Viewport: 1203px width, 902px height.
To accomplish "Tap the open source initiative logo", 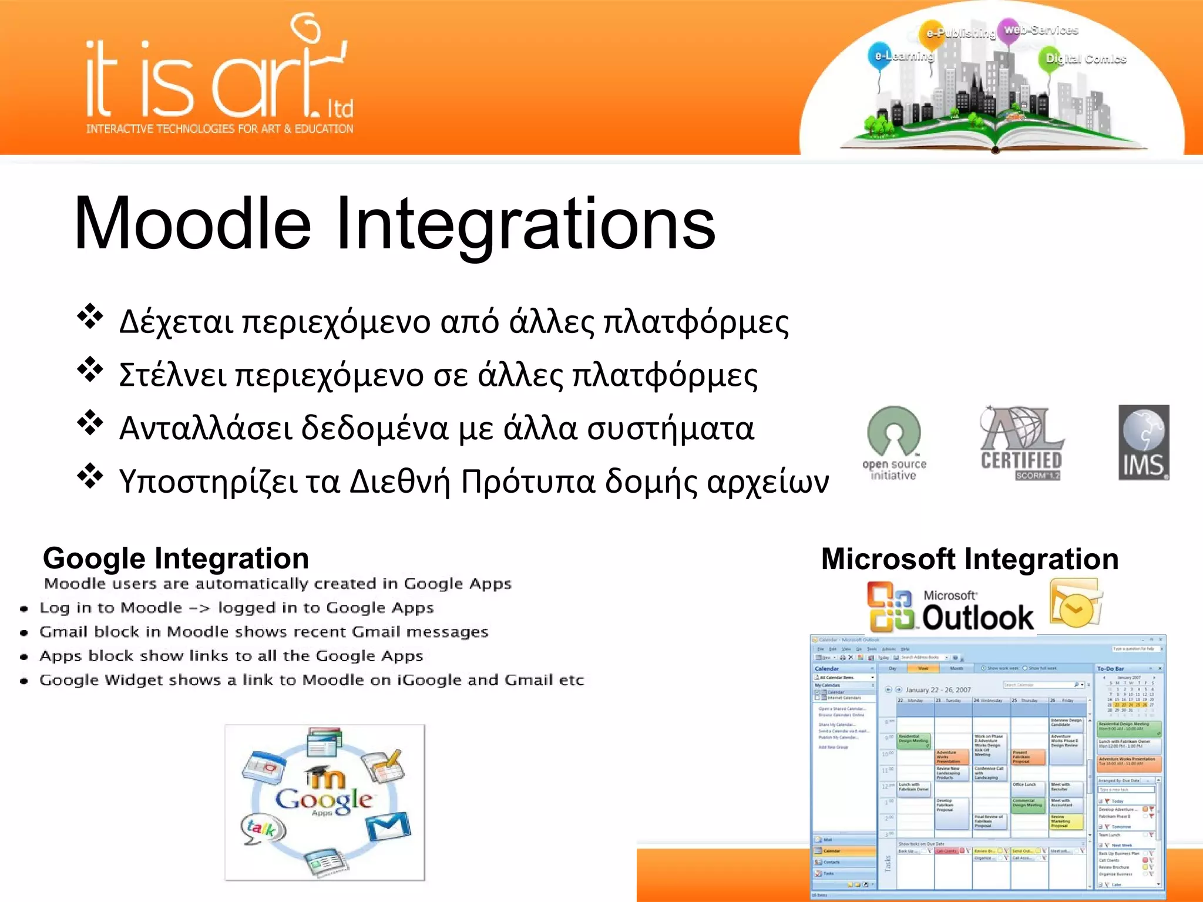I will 894,443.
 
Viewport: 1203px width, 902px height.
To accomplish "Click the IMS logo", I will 1143,443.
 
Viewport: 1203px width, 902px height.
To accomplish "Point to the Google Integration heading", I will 176,558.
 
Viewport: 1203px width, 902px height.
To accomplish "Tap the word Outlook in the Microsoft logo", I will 977,617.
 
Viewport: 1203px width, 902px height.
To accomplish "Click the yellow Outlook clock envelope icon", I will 1075,605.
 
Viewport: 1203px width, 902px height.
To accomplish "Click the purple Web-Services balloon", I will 1012,29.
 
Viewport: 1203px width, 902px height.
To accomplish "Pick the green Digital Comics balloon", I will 1051,59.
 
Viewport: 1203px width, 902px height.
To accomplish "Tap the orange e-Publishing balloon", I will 933,33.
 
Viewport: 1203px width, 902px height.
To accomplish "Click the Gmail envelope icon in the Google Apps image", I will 388,827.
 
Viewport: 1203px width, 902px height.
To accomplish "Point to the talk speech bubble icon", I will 262,829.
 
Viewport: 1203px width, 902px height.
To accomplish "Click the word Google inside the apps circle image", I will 324,799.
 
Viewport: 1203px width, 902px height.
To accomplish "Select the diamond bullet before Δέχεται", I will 90,317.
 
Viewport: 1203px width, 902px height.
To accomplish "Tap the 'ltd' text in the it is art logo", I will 340,109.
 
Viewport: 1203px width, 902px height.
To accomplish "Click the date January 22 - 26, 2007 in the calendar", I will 938,690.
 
